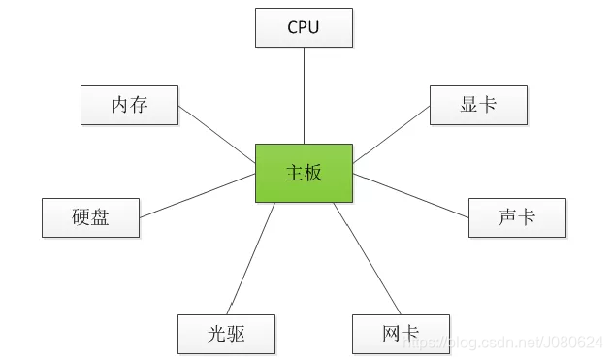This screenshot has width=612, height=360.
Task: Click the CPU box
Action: pos(304,27)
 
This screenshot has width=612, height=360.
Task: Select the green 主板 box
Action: pos(304,174)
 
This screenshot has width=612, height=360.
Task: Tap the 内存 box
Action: pos(129,105)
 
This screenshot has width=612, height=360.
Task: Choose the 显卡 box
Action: pos(478,105)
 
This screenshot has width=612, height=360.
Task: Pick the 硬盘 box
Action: pos(90,217)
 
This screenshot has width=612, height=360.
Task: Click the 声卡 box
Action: pos(517,217)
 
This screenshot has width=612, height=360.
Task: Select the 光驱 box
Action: pos(226,335)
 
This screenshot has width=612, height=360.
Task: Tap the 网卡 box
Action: pos(401,335)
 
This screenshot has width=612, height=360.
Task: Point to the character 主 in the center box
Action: pos(294,174)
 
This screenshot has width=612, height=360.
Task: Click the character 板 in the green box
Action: pos(313,174)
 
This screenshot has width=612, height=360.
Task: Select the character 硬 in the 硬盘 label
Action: pos(81,217)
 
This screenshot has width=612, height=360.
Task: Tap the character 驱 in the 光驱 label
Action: pos(236,335)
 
